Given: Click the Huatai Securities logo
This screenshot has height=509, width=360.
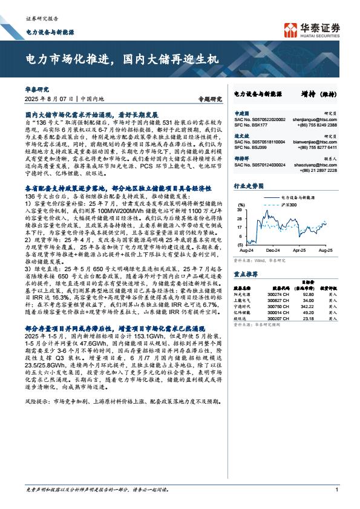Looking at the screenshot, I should (x=312, y=28).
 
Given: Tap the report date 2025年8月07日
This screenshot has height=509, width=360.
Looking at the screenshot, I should (x=49, y=97).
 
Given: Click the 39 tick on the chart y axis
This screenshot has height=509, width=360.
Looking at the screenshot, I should (x=240, y=208).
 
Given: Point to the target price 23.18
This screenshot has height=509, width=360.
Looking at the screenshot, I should (x=308, y=318).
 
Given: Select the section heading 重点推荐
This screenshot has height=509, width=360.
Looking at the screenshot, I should (x=244, y=274).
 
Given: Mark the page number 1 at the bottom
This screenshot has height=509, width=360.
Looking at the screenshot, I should (x=336, y=489).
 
